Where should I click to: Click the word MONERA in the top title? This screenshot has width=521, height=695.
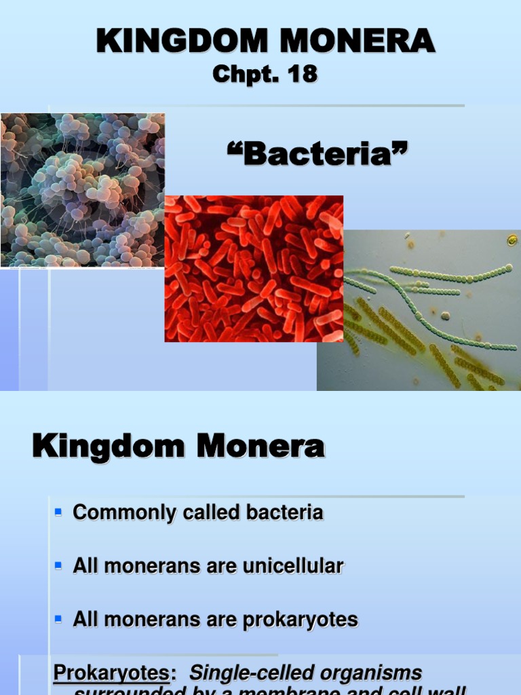[351, 41]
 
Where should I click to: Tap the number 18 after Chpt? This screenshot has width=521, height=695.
[301, 74]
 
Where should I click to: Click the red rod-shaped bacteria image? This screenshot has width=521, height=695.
[254, 269]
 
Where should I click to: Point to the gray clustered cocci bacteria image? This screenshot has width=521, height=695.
[82, 190]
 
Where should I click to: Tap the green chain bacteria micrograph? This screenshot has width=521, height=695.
[419, 310]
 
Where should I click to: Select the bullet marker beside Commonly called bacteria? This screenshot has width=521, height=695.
[58, 510]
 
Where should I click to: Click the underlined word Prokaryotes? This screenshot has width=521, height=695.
[111, 673]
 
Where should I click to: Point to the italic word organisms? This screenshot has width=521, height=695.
[378, 673]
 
